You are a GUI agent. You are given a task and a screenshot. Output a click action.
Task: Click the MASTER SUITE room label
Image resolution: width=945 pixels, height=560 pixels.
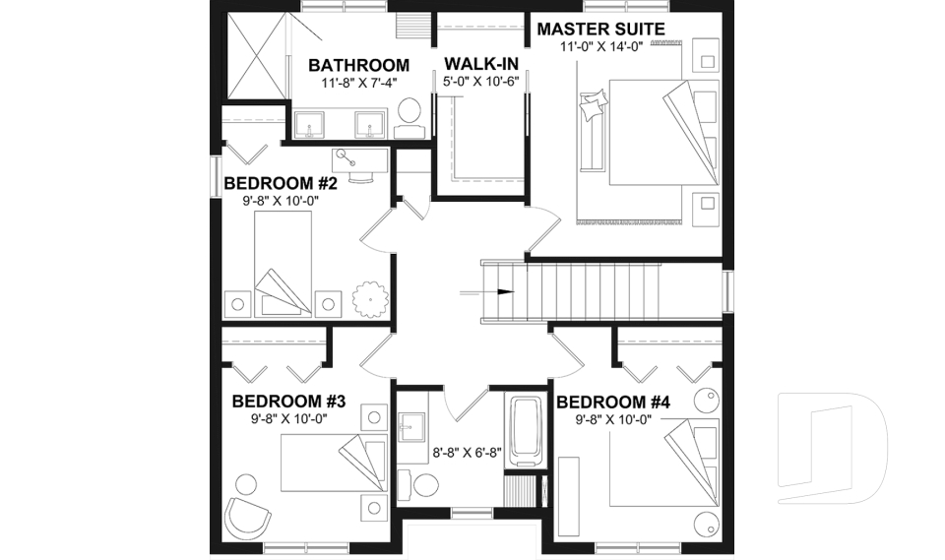coord(600,29)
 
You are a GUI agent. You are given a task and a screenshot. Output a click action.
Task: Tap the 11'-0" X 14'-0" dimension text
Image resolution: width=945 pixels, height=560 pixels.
coord(600,47)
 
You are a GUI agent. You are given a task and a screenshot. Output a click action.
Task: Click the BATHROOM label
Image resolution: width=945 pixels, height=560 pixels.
coord(358,65)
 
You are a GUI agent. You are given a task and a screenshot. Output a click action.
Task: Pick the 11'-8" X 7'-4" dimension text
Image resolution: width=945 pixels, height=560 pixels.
coord(358,84)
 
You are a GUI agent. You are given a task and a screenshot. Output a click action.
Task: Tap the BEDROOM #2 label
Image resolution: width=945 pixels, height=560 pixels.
coord(282,183)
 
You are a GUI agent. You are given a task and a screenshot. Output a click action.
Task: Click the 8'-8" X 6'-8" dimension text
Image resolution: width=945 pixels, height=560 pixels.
coord(468,454)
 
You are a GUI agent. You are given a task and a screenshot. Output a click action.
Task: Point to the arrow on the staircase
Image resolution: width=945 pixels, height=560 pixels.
coord(504,291)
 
